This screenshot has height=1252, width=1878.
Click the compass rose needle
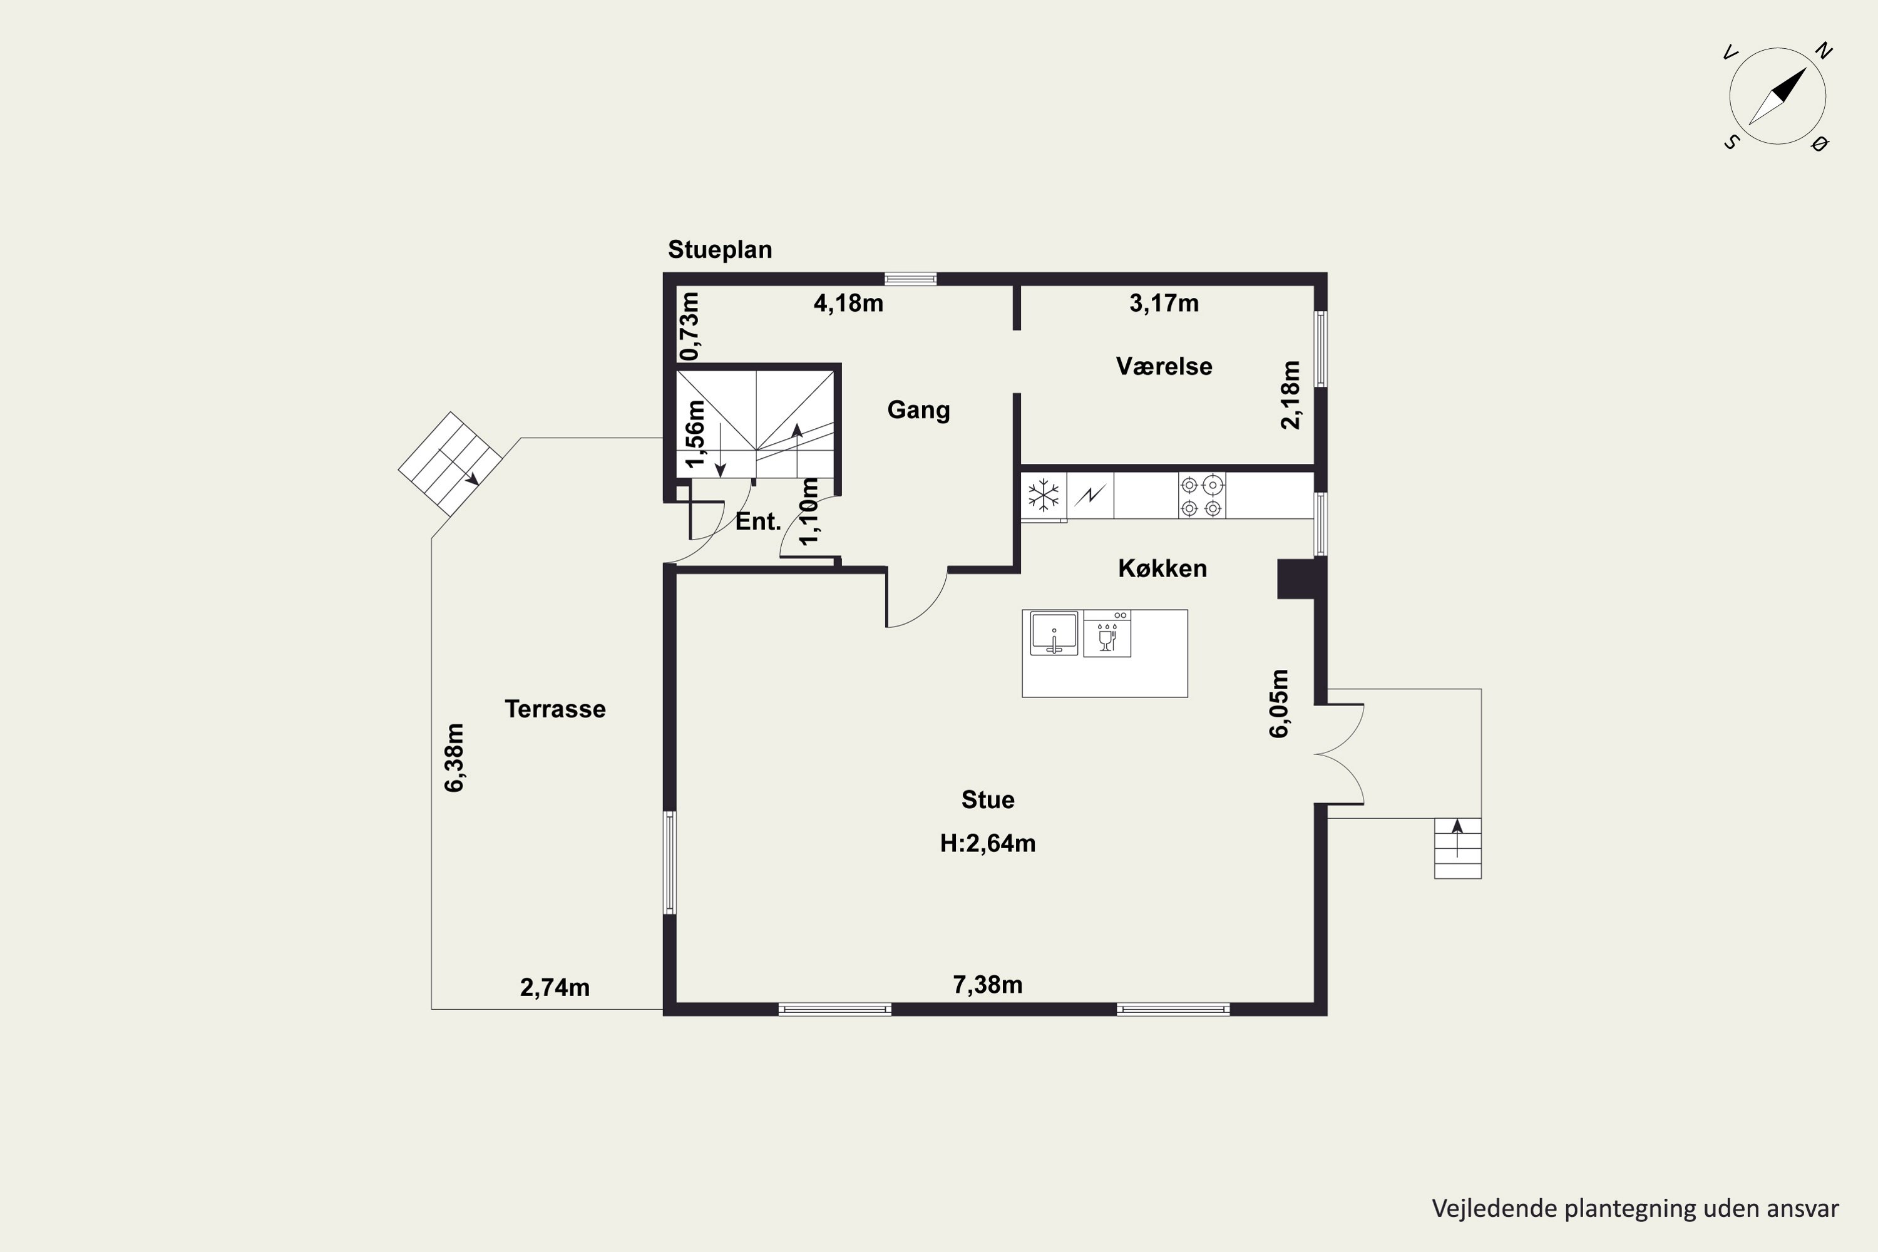pos(1777,96)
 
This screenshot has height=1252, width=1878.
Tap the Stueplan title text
pos(719,250)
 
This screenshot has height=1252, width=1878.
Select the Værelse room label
pos(1163,366)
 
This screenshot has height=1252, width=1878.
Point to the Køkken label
pos(1162,568)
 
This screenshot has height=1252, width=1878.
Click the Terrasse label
pos(555,709)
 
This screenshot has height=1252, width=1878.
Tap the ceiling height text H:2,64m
pos(988,843)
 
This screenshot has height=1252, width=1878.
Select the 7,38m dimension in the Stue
pos(988,985)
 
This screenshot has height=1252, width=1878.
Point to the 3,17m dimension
pos(1163,304)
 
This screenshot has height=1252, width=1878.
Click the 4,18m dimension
pos(848,304)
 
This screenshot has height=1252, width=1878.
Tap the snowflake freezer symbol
pos(1044,495)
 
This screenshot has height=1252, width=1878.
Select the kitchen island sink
pos(1054,633)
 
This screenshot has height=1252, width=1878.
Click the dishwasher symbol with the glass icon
pos(1107,633)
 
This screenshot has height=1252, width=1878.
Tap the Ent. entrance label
pos(757,522)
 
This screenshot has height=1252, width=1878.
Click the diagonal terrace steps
pos(450,464)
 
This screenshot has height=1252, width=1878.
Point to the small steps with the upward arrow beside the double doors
pos(1458,848)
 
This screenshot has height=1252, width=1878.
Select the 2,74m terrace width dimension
pos(555,988)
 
